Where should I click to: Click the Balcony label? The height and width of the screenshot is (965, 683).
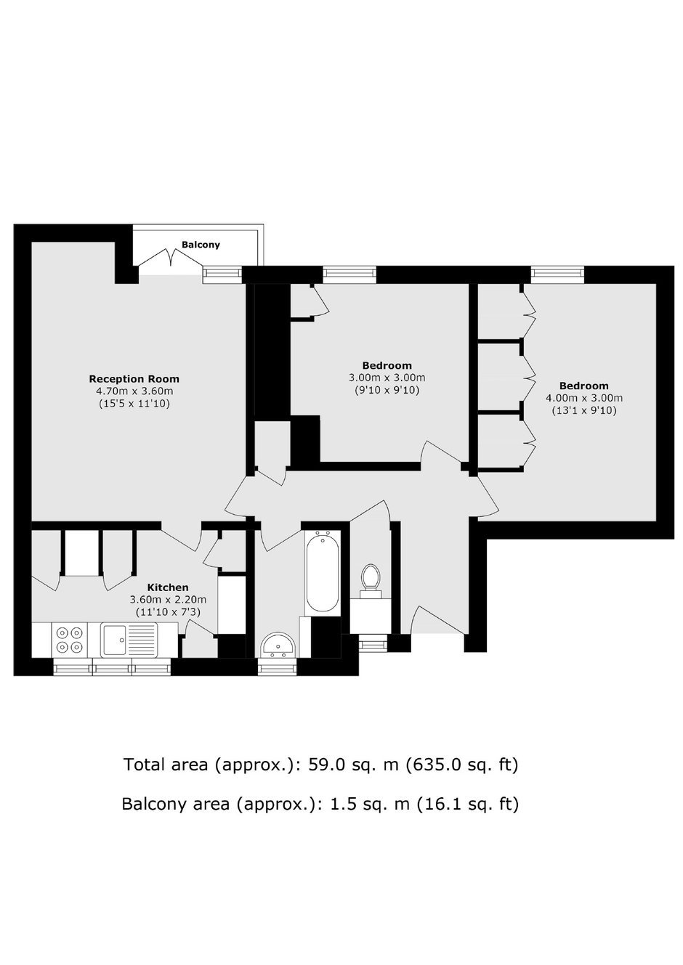(201, 245)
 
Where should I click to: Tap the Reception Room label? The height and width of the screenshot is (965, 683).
(134, 379)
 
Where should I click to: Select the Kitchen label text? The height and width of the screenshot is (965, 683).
(168, 587)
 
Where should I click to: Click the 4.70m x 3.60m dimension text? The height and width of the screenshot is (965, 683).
(134, 391)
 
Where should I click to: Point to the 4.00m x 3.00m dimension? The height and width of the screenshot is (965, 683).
(584, 398)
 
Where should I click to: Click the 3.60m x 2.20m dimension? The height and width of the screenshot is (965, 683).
(168, 599)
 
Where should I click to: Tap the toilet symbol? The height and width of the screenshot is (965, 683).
(371, 581)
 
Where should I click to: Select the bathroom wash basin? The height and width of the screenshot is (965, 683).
(278, 645)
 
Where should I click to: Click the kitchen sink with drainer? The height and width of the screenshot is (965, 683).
(129, 640)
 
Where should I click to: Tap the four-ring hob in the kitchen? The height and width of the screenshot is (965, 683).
(70, 640)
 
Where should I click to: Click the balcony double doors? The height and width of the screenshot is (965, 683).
(171, 258)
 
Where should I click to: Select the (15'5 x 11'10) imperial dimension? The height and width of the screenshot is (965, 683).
(134, 404)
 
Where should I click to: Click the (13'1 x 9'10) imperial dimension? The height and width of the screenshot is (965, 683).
(584, 410)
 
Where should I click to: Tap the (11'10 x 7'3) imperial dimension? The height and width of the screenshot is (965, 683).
(168, 611)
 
